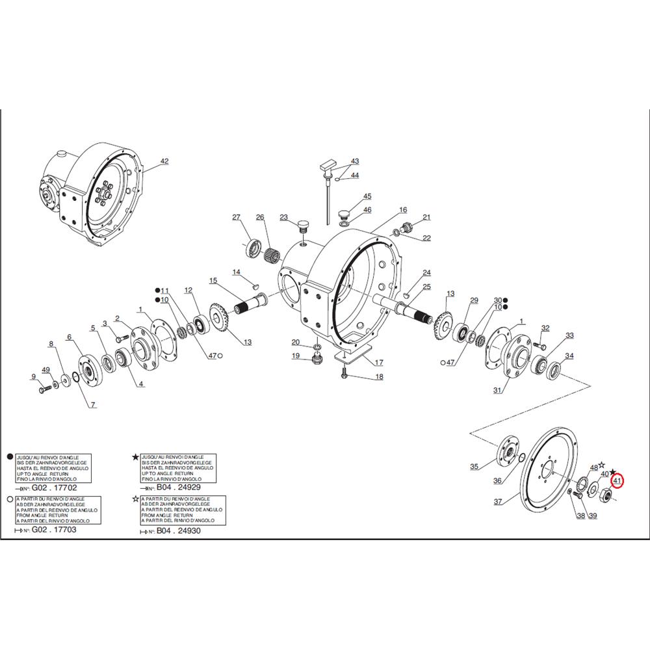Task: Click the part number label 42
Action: point(164,161)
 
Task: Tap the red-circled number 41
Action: point(618,482)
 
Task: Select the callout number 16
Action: point(403,210)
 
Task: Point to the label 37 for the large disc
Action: point(498,502)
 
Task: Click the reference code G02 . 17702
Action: point(49,487)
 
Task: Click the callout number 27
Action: point(237,217)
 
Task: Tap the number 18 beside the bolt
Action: point(379,377)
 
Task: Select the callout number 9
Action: point(33,377)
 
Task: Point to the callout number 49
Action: point(45,370)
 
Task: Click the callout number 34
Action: point(569,356)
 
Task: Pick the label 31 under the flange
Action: point(498,390)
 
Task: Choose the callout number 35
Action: point(474,466)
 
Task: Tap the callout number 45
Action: point(367,196)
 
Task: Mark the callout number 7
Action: point(93,405)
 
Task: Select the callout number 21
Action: point(427,217)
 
